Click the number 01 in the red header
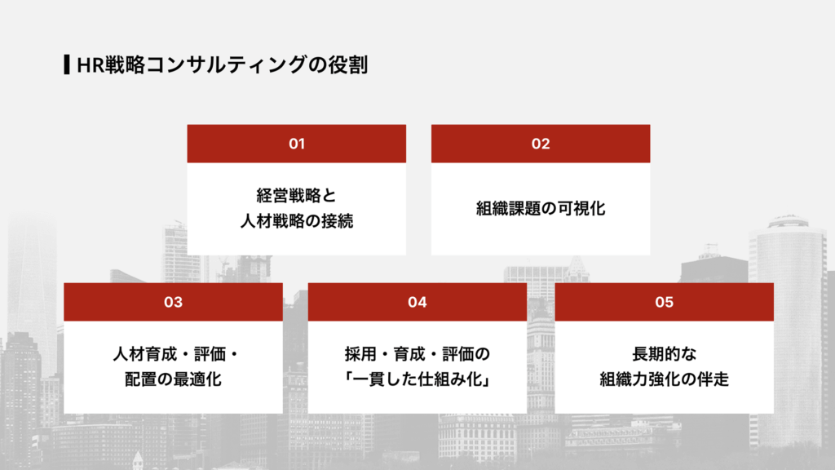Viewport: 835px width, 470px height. (x=296, y=144)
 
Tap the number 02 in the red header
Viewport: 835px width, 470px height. (x=541, y=144)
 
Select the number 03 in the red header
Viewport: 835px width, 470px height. (x=173, y=303)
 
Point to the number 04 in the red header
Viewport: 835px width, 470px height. (x=417, y=303)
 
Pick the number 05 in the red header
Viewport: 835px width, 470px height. (x=664, y=303)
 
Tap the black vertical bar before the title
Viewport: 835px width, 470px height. (x=65, y=65)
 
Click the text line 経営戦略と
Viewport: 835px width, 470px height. (x=296, y=196)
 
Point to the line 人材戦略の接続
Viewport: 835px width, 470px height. (x=296, y=221)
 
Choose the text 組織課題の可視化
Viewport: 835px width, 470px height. (x=541, y=209)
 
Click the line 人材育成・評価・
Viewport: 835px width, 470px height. (x=173, y=355)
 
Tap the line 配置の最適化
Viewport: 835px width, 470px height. (x=173, y=379)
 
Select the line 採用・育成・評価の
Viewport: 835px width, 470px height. (x=417, y=355)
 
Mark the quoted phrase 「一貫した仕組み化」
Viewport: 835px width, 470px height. (x=417, y=379)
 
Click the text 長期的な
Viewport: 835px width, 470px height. (x=664, y=355)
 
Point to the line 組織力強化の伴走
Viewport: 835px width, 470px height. (x=664, y=379)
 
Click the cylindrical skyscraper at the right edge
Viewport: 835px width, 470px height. (x=787, y=253)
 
